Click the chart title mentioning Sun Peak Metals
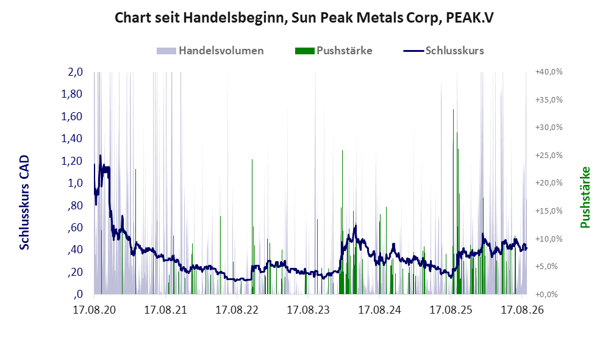304,18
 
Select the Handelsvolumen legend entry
210,51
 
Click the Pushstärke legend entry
334,51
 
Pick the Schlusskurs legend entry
443,51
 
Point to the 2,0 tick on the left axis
76,72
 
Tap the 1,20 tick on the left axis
72,160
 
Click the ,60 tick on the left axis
75,228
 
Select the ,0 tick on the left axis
78,294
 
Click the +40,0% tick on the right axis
549,72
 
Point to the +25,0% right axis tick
549,155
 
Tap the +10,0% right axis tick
549,239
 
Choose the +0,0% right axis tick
547,295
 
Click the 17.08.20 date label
95,310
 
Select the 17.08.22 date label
237,310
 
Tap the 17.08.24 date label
379,310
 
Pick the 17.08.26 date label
522,310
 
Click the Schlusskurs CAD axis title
24,203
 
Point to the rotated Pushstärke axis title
585,198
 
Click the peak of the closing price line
101,156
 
